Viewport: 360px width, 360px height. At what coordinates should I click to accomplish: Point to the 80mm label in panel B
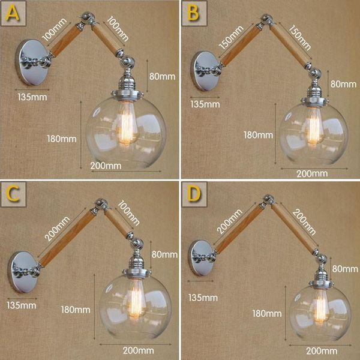344,83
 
